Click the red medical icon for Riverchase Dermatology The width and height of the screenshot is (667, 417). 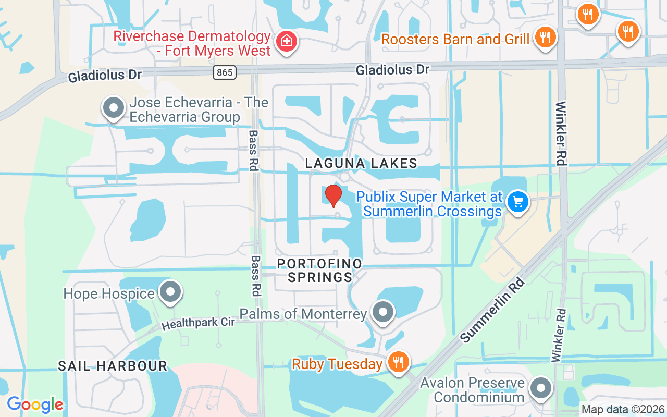pos(286,40)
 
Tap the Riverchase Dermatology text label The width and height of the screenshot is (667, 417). pos(192,44)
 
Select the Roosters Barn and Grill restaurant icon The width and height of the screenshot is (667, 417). pos(545,37)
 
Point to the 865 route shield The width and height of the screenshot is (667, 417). pos(225,72)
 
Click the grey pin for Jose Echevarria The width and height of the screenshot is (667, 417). pos(113,108)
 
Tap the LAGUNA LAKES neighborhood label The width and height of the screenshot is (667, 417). pos(361,163)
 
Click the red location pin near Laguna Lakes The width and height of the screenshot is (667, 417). pos(333,196)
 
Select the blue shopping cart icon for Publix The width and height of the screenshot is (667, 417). pos(517,202)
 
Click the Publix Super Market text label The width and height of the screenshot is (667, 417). pos(429,204)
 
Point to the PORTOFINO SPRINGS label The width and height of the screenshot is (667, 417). pos(320,270)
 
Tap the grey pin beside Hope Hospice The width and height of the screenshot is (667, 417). pos(170,292)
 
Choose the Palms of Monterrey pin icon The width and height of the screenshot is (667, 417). pos(384,312)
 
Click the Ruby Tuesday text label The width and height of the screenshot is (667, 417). pos(337,363)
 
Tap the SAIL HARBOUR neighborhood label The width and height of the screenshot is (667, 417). pos(113,366)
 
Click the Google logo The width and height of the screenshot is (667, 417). pos(35,404)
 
